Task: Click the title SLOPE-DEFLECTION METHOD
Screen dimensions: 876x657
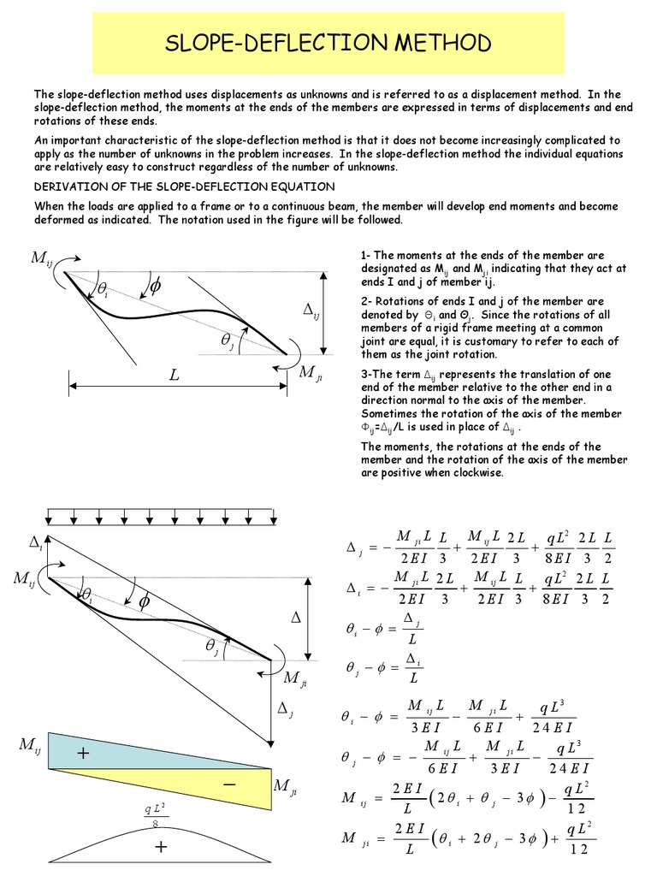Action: tap(328, 44)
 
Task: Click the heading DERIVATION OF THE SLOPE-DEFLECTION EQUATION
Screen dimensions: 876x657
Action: tap(184, 186)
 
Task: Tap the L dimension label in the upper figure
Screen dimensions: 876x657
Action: tap(175, 376)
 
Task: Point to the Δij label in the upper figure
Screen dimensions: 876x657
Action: tap(311, 313)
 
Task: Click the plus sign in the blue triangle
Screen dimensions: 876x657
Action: tap(83, 753)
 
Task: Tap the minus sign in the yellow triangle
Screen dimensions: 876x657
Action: tap(229, 784)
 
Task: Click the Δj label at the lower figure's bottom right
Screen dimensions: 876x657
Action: tap(286, 708)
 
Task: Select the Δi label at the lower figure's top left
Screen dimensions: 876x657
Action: tap(36, 542)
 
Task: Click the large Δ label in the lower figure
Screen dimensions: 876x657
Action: tap(297, 616)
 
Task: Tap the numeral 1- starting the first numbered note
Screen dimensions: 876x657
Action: tap(365, 255)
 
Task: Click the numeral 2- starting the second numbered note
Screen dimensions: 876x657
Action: tap(365, 301)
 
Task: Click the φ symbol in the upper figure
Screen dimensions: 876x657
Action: tap(155, 287)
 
